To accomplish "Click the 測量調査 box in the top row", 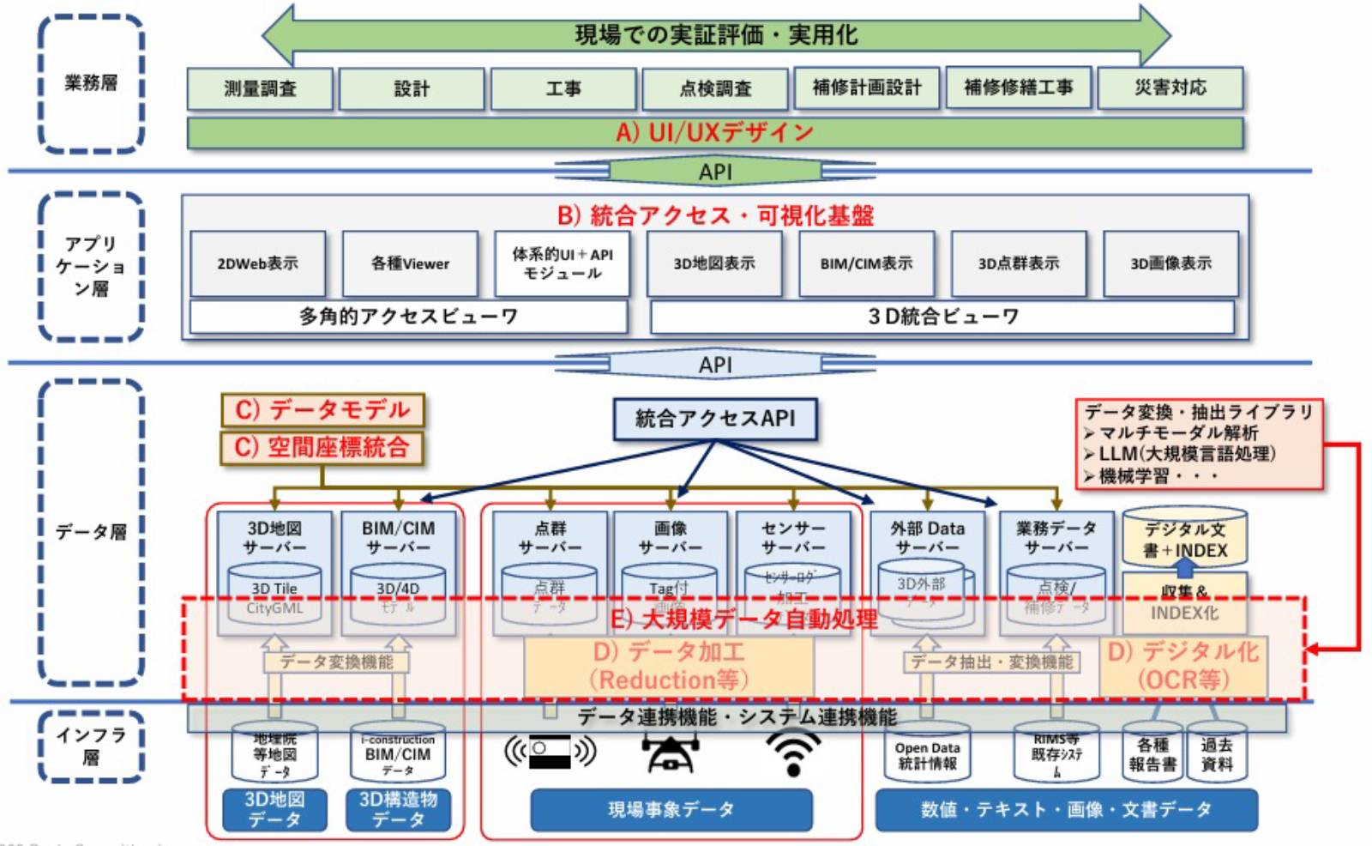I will click(x=260, y=88).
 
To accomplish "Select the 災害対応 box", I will click(x=1170, y=88).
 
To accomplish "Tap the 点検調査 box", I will click(x=715, y=88).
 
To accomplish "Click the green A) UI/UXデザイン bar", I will click(x=714, y=132).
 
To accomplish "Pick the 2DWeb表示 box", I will click(x=257, y=263).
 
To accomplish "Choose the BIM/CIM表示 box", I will click(x=866, y=263).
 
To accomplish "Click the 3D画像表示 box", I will click(x=1170, y=263).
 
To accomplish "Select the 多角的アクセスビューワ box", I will click(x=408, y=317).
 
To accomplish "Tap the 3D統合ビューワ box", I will click(x=942, y=317).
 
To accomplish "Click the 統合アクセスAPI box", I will click(x=714, y=419).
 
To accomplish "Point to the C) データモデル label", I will click(x=322, y=410).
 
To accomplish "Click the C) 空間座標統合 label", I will click(x=322, y=447).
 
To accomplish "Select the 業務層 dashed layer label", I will click(x=91, y=83).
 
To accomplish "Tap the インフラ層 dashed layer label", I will click(x=91, y=746).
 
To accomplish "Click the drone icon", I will click(x=671, y=752).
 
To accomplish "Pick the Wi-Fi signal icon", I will click(x=793, y=752).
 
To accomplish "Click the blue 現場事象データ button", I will click(x=671, y=810).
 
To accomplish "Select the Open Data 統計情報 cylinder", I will click(x=928, y=753).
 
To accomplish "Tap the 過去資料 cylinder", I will click(x=1216, y=753).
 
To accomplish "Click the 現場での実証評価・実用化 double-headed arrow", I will click(x=715, y=35).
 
